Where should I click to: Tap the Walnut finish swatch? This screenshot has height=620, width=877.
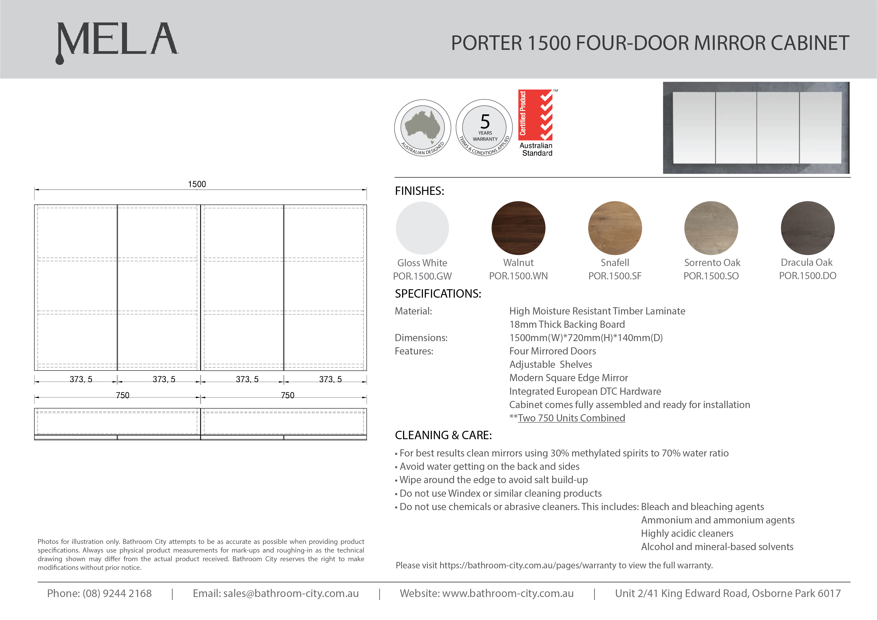click(x=518, y=228)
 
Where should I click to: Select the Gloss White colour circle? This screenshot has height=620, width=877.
click(x=422, y=228)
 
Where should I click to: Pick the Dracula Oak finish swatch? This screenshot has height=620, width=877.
click(x=808, y=228)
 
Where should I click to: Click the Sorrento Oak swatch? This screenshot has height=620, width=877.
click(x=711, y=228)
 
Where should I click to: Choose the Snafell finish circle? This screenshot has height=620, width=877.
click(x=615, y=228)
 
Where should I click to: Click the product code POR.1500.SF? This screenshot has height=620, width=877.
click(x=615, y=276)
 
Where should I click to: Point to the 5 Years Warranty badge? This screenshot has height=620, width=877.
click(x=484, y=128)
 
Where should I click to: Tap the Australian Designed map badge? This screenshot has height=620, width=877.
click(x=422, y=128)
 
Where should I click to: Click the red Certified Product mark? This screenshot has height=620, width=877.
click(x=536, y=115)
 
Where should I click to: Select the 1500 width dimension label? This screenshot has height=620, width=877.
click(x=197, y=184)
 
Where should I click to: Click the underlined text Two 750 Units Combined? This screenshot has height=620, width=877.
click(x=571, y=418)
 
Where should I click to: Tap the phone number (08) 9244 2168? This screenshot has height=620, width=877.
click(x=117, y=593)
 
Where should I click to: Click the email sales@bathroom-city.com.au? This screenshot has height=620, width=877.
click(x=291, y=593)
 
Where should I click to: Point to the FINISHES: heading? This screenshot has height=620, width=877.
click(x=419, y=191)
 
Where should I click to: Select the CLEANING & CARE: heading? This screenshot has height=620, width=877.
click(x=443, y=435)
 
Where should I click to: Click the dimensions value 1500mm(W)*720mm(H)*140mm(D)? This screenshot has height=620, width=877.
click(x=586, y=338)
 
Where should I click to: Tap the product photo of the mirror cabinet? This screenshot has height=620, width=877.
click(x=756, y=128)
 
